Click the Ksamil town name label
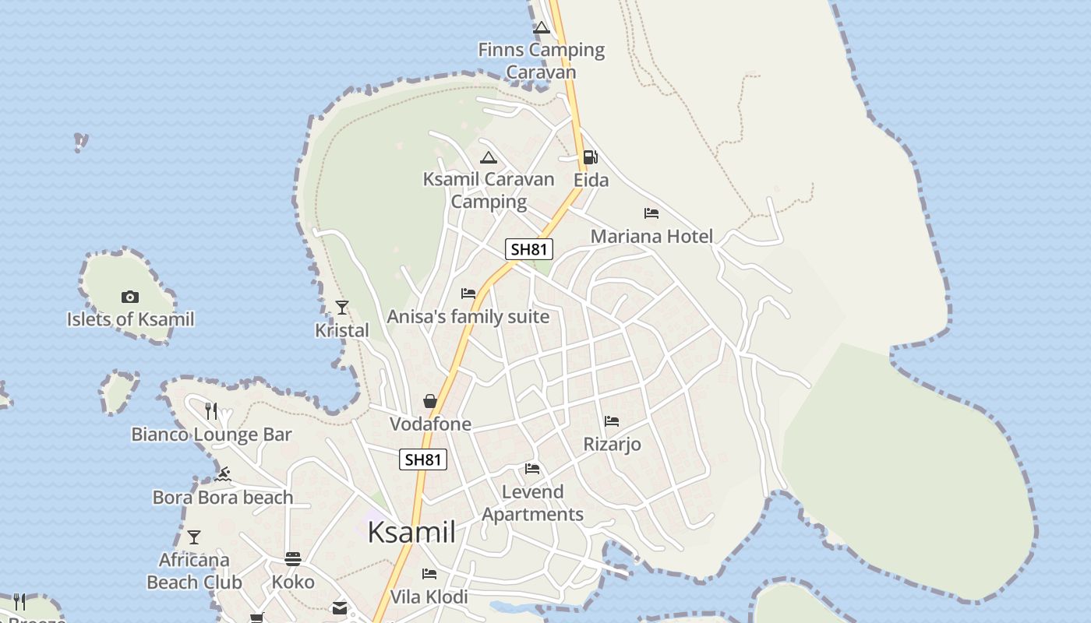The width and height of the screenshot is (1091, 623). coord(411,532)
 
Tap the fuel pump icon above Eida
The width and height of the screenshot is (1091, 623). coord(591,157)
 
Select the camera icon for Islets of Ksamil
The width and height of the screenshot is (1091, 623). coord(130,297)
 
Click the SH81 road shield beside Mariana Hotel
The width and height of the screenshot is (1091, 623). coord(529,249)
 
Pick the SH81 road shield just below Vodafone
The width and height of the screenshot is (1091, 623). coord(423,459)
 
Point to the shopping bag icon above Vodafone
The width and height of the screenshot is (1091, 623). coord(429,401)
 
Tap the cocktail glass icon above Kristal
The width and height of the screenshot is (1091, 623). coord(341,308)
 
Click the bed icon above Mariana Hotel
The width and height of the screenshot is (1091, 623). coord(651,213)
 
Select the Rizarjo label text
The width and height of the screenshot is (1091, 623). coord(613,444)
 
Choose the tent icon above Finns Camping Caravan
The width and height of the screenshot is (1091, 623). coord(542,28)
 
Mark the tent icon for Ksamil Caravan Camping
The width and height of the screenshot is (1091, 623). coord(488,157)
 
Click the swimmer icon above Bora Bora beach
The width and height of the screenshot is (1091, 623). coord(224,473)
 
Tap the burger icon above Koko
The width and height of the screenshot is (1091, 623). coord(293,558)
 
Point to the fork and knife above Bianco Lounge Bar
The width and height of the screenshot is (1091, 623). coord(211,410)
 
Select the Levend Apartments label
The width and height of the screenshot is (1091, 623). coord(532,503)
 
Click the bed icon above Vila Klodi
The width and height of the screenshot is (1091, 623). coord(429,574)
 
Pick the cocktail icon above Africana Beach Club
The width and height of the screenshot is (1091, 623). coord(194,537)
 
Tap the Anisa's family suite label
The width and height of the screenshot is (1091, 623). coord(468,317)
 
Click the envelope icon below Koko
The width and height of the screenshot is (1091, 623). coord(340,607)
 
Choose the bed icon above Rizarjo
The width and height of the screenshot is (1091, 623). coord(612,421)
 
